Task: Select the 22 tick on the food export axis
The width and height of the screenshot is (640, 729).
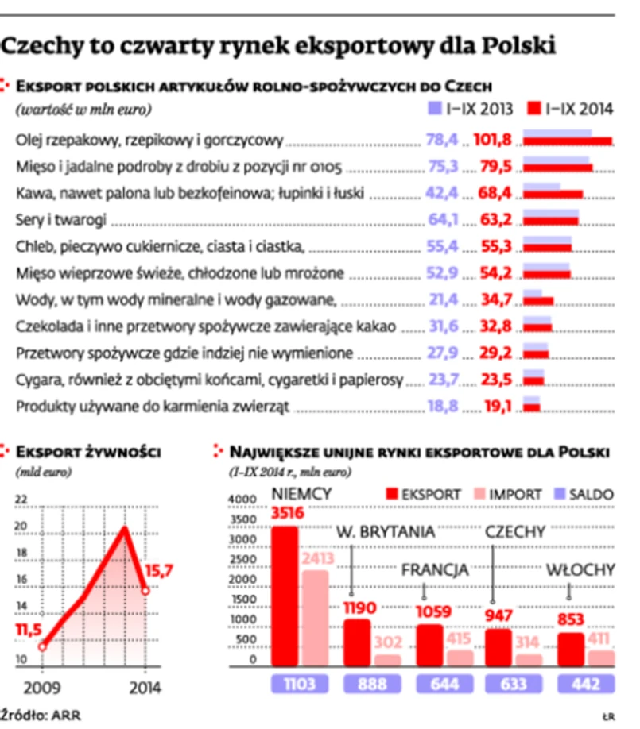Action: [x=21, y=499]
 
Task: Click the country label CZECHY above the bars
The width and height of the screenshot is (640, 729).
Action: [x=515, y=531]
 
